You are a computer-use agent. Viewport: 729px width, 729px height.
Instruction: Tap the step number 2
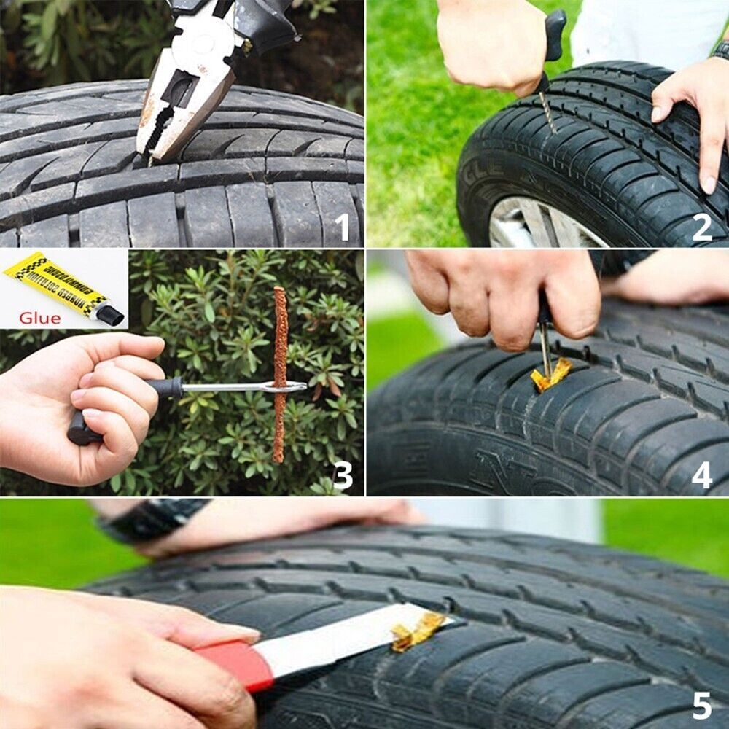tap(701, 227)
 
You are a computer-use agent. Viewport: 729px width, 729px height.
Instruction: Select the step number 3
tap(343, 475)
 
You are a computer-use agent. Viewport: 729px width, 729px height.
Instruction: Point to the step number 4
tap(701, 475)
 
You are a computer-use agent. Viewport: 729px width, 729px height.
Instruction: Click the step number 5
tap(701, 706)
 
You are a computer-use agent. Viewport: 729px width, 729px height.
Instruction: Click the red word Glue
tap(40, 318)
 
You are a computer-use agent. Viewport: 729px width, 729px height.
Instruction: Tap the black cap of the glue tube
tap(109, 314)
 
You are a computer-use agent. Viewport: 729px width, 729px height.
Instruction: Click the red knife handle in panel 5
tap(237, 663)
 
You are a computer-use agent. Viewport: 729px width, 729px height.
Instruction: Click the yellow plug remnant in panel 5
tap(417, 631)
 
